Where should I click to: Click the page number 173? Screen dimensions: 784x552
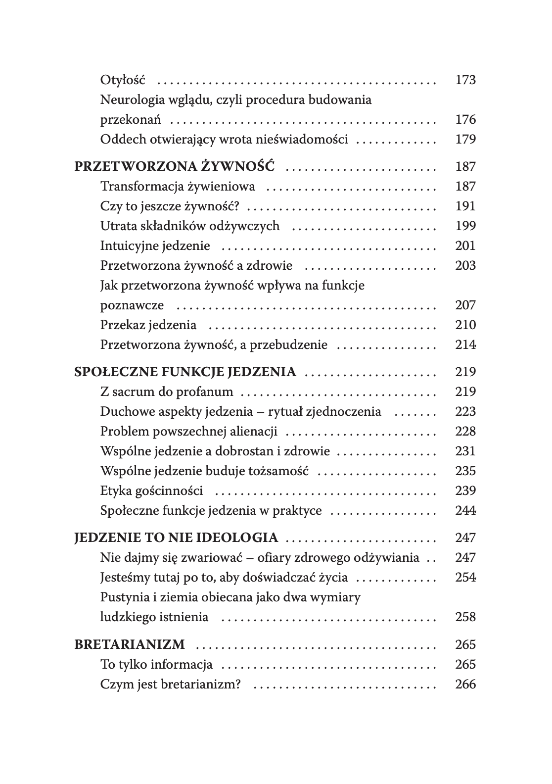click(465, 80)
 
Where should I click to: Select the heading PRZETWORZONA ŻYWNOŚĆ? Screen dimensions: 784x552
click(174, 166)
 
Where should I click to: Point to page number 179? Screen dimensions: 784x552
click(465, 139)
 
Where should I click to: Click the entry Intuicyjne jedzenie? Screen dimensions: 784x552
click(155, 245)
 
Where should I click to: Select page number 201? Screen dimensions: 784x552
click(465, 245)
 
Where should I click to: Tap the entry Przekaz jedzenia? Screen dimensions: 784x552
click(148, 325)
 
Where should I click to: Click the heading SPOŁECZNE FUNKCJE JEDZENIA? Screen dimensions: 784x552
click(185, 372)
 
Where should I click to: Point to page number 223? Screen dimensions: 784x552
click(465, 411)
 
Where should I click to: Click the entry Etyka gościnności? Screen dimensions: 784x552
click(151, 490)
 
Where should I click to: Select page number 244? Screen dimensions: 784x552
click(465, 510)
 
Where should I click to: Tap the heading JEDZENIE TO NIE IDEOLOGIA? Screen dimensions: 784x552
click(176, 538)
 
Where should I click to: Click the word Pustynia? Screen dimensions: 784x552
click(123, 597)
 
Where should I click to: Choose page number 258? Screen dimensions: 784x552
click(465, 617)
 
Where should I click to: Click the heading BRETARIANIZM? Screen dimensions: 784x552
click(129, 644)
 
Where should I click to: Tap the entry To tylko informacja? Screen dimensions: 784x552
click(156, 664)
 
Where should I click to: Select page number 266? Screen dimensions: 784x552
click(465, 684)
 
